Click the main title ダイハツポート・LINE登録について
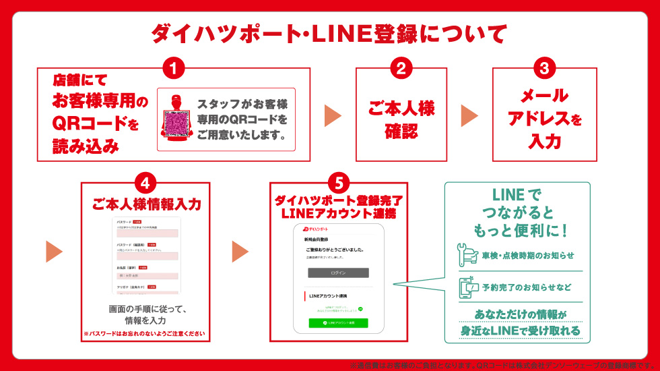point(329,33)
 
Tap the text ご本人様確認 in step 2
point(401,119)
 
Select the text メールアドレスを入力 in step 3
point(544,119)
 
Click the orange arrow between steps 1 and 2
point(333,115)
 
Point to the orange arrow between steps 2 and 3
point(469,115)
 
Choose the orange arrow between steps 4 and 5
point(240,251)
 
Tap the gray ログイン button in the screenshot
point(338,273)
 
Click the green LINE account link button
point(338,323)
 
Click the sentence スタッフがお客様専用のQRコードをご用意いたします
point(242,119)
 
